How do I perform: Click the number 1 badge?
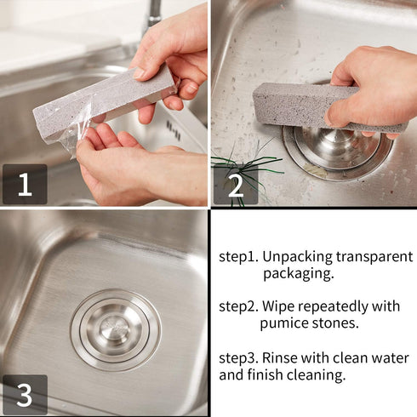tap(24, 185)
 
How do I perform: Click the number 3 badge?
tap(24, 395)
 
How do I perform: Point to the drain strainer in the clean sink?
tap(115, 330)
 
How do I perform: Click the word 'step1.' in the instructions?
tap(237, 255)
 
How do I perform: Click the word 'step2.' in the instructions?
tap(237, 306)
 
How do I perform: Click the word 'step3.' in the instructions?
tap(237, 357)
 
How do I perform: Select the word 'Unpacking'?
tap(299, 255)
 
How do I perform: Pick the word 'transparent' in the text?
tap(375, 255)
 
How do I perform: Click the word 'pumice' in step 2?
tap(283, 323)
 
